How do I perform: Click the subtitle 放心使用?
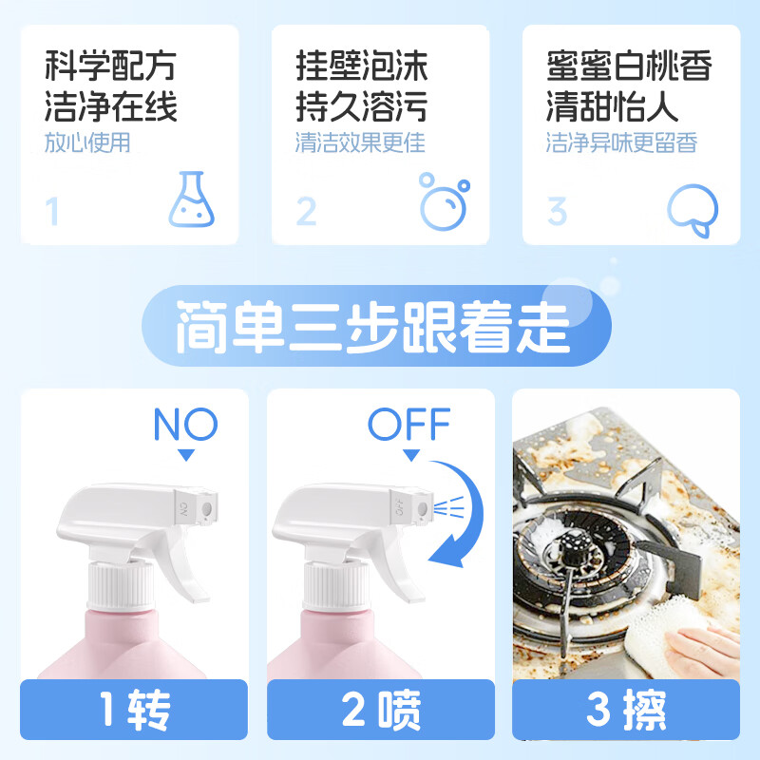87,142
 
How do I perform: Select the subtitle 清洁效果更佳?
360,142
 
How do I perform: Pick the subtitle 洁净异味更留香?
621,142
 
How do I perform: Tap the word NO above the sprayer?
185,425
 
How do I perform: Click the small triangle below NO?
185,455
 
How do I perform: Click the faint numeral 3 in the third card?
557,211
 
